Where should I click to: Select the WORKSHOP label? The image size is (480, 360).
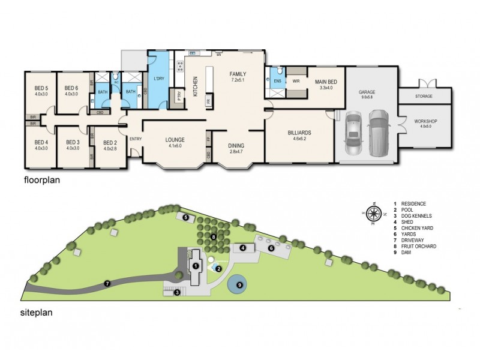click(x=425, y=122)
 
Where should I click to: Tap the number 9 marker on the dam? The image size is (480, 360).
click(x=239, y=285)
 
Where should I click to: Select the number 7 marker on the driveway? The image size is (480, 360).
click(x=107, y=283)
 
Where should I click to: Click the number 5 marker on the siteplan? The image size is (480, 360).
click(x=187, y=217)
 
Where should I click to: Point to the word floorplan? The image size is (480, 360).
click(x=44, y=179)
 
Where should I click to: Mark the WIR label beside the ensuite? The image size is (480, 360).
click(x=295, y=80)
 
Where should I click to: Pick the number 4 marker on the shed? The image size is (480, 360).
click(x=243, y=247)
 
